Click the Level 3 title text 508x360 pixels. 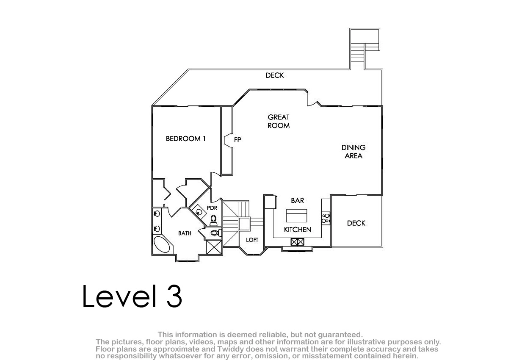(132, 296)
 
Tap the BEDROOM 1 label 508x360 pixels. (186, 138)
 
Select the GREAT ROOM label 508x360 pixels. (279, 122)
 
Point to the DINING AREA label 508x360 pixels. (353, 152)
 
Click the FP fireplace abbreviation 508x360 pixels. (237, 140)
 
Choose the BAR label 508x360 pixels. (298, 200)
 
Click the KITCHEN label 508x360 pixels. (298, 230)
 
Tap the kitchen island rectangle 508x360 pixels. (297, 216)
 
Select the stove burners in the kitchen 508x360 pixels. (326, 218)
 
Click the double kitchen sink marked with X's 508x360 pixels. (297, 242)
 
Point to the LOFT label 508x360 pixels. (252, 240)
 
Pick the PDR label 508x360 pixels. (212, 208)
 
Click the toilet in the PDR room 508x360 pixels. (213, 220)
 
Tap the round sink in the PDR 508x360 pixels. (199, 212)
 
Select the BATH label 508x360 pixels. (185, 233)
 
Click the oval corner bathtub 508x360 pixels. (161, 244)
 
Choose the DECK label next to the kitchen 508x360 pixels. (356, 223)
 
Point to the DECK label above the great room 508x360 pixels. (275, 75)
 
